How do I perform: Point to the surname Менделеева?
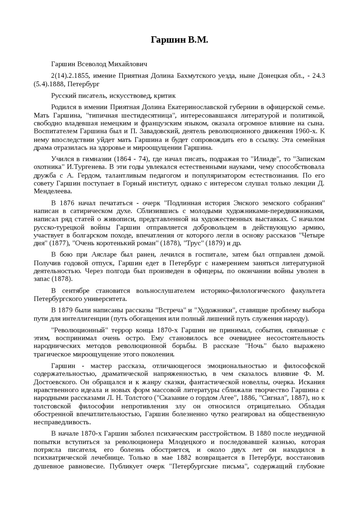[x=53, y=191]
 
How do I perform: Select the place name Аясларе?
[x=103, y=255]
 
